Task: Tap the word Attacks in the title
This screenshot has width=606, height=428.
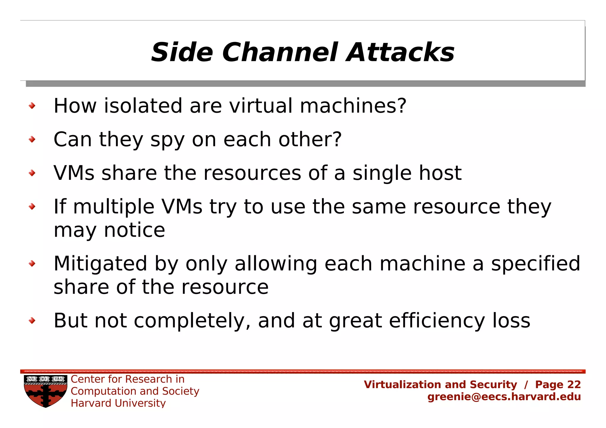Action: (x=400, y=52)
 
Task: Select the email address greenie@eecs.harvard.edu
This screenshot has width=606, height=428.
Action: (x=504, y=397)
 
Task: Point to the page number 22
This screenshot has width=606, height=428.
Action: (x=574, y=384)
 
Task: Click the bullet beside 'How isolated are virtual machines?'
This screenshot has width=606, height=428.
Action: (x=32, y=106)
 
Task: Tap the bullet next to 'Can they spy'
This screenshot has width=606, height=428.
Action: (x=32, y=139)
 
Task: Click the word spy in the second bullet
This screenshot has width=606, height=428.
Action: (x=167, y=140)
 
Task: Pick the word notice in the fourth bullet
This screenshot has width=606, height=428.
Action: (x=135, y=230)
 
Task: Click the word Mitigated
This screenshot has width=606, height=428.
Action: (x=100, y=264)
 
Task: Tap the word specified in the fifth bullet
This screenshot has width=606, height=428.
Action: (x=536, y=264)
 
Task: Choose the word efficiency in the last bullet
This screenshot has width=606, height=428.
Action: (x=437, y=321)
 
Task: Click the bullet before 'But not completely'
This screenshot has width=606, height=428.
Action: (x=32, y=320)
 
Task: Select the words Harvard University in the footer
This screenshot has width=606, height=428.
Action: (x=118, y=403)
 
